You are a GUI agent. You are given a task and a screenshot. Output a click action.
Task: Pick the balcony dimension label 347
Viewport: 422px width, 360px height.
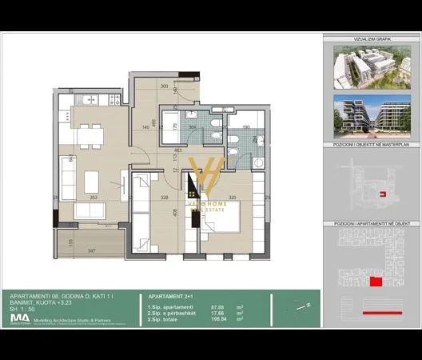pyautogui.click(x=91, y=251)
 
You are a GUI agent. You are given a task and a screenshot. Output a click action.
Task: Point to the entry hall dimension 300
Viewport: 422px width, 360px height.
pyautogui.click(x=165, y=86)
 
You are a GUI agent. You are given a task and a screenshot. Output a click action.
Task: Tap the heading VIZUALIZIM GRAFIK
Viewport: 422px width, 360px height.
pyautogui.click(x=372, y=38)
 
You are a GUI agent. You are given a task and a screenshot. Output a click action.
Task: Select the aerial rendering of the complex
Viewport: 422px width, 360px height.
pyautogui.click(x=372, y=65)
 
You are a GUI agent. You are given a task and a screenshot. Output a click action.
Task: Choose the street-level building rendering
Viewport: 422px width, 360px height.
pyautogui.click(x=372, y=116)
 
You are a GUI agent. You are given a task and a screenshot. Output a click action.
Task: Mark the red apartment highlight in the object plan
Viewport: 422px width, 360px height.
pyautogui.click(x=375, y=282)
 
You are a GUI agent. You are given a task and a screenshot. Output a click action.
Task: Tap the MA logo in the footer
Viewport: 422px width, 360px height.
pyautogui.click(x=15, y=318)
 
